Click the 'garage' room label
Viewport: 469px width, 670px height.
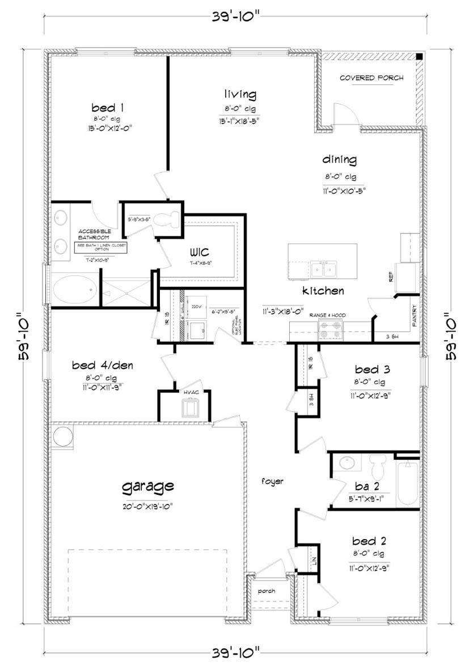click(x=147, y=486)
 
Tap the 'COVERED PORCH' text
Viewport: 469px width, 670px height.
click(x=371, y=78)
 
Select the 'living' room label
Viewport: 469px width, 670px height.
click(x=239, y=94)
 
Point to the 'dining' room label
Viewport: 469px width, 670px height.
click(x=340, y=159)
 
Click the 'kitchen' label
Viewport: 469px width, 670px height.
click(x=323, y=291)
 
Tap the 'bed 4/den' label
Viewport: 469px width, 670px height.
click(x=103, y=365)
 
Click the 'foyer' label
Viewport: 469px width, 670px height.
click(x=272, y=481)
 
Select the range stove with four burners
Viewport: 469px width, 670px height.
click(x=332, y=329)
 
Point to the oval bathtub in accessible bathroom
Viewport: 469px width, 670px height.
click(x=75, y=290)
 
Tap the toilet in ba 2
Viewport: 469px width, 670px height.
click(x=377, y=467)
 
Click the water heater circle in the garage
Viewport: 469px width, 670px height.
click(x=63, y=437)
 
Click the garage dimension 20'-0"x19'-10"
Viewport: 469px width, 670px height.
click(x=147, y=506)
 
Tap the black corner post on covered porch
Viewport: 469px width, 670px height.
click(x=419, y=57)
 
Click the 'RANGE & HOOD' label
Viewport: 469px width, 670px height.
click(x=332, y=315)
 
